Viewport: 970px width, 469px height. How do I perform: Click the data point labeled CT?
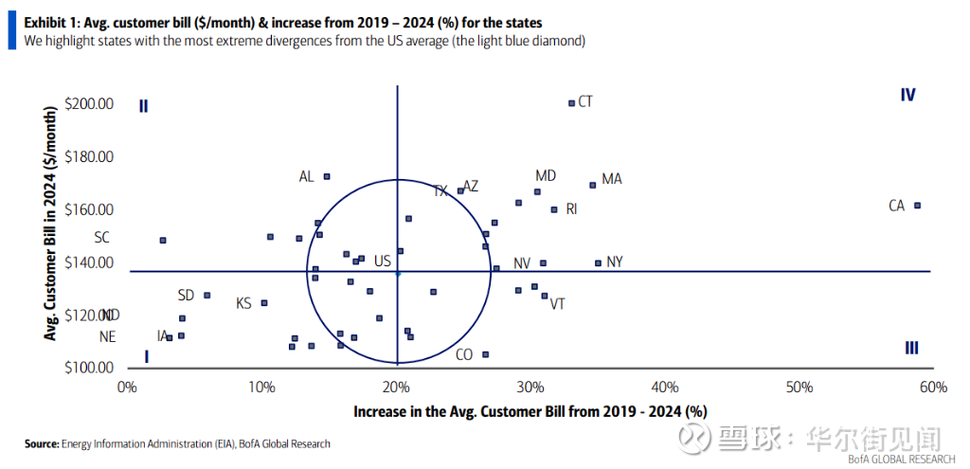(571, 103)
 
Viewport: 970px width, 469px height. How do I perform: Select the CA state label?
(897, 206)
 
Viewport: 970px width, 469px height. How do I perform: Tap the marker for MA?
(593, 185)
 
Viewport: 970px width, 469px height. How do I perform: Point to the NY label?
(615, 262)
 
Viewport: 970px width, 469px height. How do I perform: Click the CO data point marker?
(486, 354)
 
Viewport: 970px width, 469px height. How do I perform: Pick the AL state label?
(306, 176)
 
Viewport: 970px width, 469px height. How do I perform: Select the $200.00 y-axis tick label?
(89, 103)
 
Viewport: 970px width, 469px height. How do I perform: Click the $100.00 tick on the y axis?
(89, 368)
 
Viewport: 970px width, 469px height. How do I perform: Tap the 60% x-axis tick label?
(933, 387)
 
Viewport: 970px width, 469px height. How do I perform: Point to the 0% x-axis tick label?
(126, 387)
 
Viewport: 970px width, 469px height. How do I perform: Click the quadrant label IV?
(907, 95)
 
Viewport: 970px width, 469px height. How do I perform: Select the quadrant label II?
(144, 106)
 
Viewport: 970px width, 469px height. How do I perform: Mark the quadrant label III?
(911, 348)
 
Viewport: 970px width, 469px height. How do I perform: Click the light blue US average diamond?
(398, 273)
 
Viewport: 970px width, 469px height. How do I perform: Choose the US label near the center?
(382, 262)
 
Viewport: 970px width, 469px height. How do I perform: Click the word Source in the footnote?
(42, 443)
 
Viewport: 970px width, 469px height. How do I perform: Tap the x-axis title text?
(530, 411)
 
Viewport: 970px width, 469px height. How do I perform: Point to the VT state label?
(558, 304)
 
